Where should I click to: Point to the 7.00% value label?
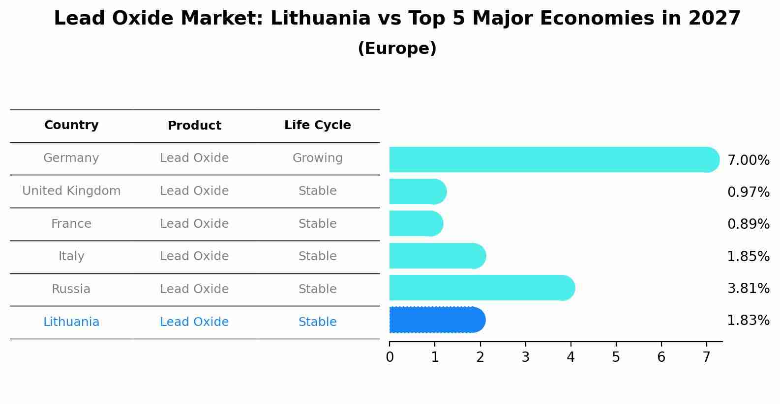point(748,161)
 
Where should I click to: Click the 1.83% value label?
point(748,321)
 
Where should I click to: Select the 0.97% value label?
point(748,192)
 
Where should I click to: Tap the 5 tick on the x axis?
point(616,357)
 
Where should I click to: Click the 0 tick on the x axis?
point(390,357)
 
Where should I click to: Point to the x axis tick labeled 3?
point(525,357)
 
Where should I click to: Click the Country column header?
point(71,125)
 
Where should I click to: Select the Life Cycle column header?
point(317,125)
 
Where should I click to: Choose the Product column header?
point(194,126)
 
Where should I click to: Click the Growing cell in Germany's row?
point(317,158)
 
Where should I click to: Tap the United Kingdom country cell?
point(71,191)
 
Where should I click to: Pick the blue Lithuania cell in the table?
point(71,322)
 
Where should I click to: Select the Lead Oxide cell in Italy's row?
point(194,256)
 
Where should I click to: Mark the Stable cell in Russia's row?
point(317,289)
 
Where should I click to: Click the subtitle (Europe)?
point(397,49)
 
